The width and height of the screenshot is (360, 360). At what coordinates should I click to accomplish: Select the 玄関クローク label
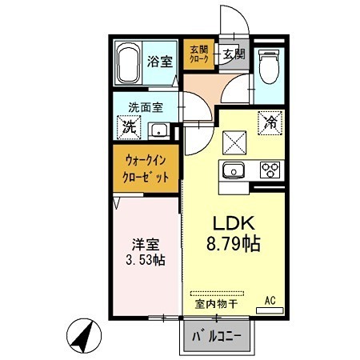(198, 54)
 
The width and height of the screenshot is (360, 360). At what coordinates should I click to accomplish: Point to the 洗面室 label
(147, 106)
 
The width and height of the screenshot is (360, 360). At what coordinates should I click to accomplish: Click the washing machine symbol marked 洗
(129, 126)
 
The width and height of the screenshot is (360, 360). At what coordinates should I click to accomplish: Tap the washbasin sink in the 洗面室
(159, 131)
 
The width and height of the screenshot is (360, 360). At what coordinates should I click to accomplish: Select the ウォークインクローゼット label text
(146, 169)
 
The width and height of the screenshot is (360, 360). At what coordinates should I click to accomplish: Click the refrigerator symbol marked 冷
(271, 122)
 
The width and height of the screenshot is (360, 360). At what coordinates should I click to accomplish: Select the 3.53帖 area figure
(145, 260)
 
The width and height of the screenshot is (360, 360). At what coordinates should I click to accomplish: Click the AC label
(270, 300)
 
